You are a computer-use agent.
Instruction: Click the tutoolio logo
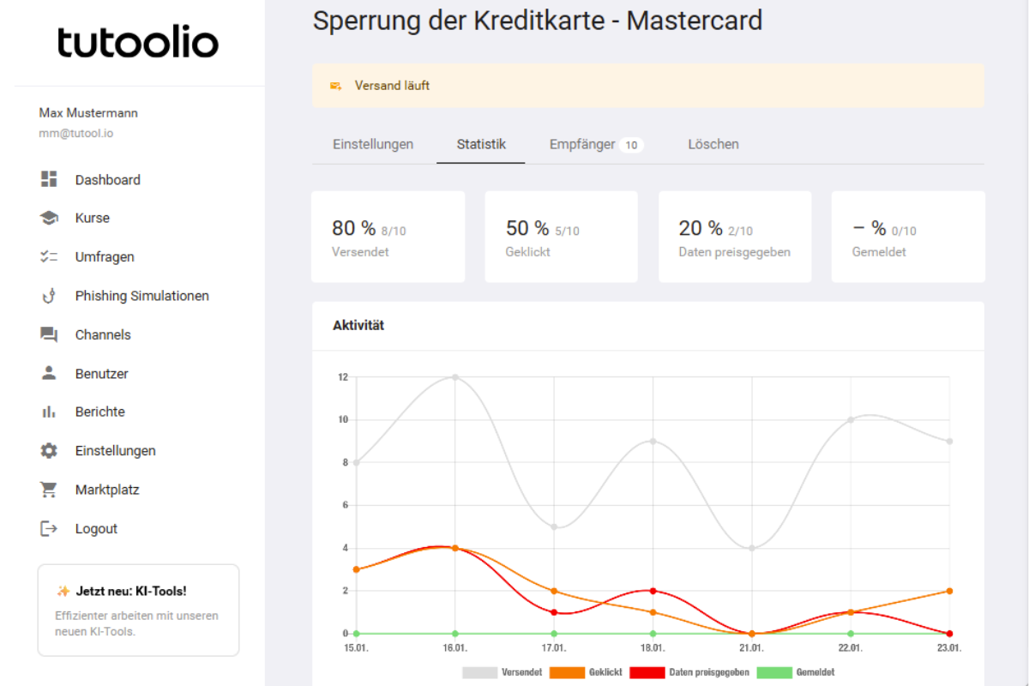(x=138, y=42)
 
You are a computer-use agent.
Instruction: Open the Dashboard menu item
(x=107, y=180)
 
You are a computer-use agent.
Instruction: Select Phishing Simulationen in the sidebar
(x=141, y=296)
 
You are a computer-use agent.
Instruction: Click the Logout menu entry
(x=96, y=529)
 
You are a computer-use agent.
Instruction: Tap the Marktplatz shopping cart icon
(x=49, y=490)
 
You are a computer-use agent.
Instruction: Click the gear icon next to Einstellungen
(x=49, y=451)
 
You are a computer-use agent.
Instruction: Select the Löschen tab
(x=713, y=144)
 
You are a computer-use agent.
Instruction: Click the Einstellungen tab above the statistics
(x=373, y=144)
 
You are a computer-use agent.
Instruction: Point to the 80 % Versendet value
(x=354, y=228)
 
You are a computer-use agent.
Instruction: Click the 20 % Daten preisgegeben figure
(x=701, y=228)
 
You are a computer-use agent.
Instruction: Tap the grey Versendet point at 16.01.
(x=455, y=377)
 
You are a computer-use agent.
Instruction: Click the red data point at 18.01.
(x=653, y=591)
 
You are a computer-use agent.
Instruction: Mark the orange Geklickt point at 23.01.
(x=949, y=591)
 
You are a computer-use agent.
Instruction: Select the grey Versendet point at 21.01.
(x=752, y=548)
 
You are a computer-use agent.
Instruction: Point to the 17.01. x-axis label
(x=554, y=647)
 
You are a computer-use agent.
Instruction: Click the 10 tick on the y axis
(x=342, y=420)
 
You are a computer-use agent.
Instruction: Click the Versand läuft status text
(x=392, y=86)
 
